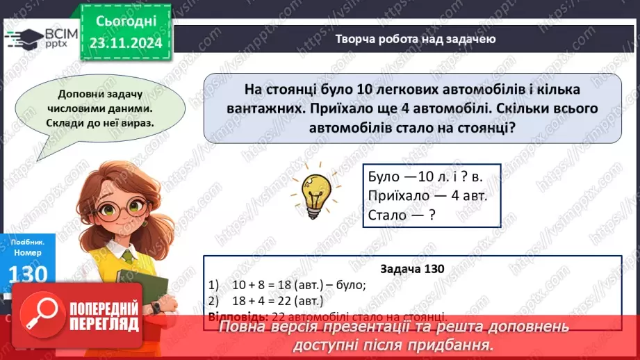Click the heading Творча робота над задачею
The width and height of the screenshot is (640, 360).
pyautogui.click(x=415, y=39)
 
